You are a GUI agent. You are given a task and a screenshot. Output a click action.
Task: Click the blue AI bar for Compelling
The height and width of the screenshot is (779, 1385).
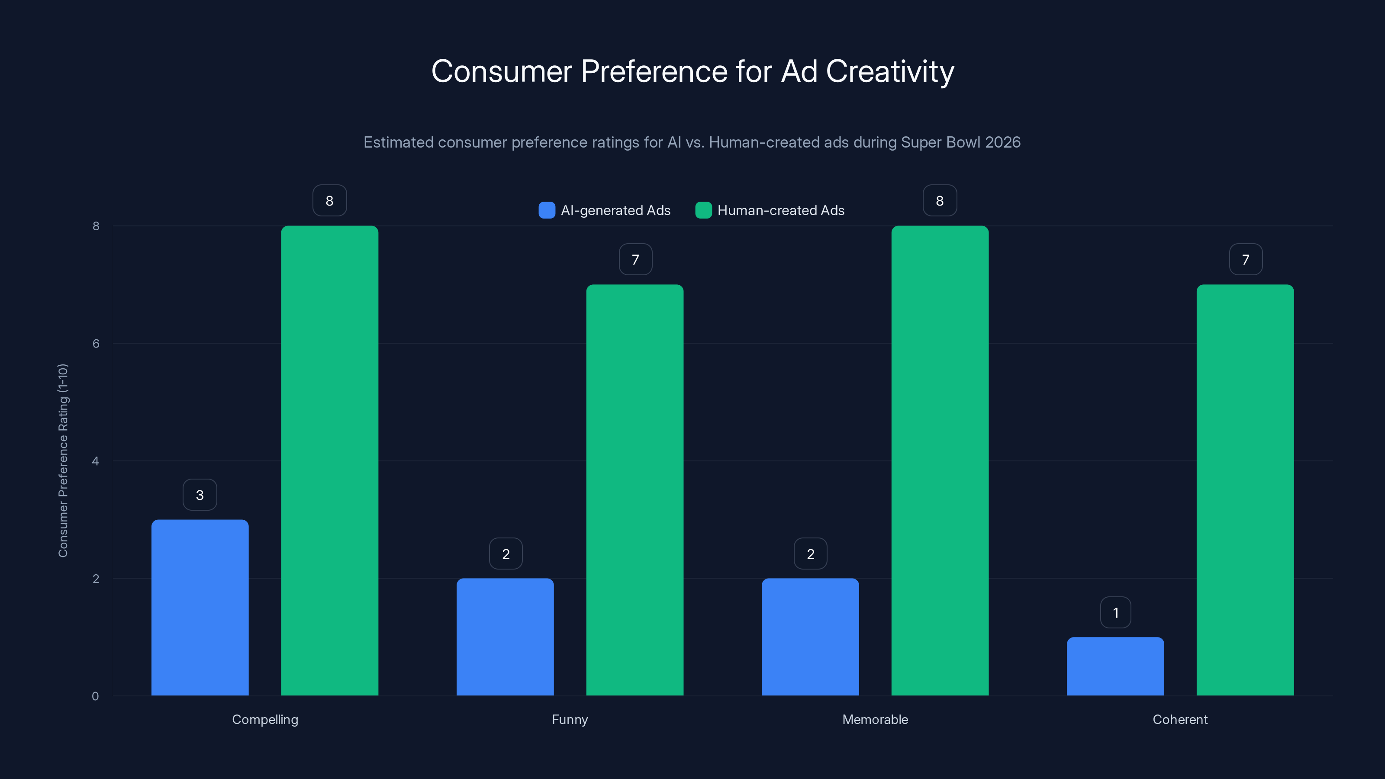[x=200, y=608]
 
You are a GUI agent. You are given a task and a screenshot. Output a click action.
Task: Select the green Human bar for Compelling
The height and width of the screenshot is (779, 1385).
[x=329, y=461]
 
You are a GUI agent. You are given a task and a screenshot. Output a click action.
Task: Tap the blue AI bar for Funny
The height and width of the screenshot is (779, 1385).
[x=505, y=637]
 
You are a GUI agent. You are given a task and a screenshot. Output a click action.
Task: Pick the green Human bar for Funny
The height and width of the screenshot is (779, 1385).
[x=635, y=490]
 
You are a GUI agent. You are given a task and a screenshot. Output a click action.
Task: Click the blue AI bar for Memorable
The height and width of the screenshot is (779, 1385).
[x=810, y=637]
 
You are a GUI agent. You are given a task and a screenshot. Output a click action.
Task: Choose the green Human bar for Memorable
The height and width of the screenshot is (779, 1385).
[x=940, y=461]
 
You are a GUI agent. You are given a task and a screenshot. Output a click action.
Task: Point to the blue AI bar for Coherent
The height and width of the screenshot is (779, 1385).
[x=1115, y=666]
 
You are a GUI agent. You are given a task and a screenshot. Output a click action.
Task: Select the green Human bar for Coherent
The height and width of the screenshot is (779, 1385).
[x=1245, y=490]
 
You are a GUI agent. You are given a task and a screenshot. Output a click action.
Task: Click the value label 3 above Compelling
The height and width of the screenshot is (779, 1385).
[x=200, y=495]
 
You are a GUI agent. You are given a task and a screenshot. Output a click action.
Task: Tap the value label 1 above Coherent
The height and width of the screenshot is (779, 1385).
[x=1116, y=612]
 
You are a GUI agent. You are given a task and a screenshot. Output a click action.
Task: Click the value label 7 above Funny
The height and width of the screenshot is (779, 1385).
[x=635, y=259]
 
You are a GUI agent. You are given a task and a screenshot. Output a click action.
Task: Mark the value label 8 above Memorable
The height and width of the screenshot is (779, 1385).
[x=940, y=200]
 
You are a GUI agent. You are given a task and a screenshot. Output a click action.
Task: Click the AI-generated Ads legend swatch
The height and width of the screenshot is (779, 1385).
[x=547, y=210]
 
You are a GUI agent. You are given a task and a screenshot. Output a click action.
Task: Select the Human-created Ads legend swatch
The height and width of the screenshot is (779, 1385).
[x=703, y=210]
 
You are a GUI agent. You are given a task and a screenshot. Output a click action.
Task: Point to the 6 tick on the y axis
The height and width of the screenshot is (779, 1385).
[x=96, y=344]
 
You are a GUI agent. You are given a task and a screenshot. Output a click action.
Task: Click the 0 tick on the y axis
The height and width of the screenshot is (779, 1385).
[x=95, y=696]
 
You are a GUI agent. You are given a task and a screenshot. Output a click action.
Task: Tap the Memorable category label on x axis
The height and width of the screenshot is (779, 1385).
[x=875, y=719]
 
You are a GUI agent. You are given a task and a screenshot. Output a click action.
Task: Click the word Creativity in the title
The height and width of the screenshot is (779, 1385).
[x=890, y=71]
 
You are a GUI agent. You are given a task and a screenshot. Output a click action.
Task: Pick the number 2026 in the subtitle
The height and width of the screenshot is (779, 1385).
[x=1003, y=142]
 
